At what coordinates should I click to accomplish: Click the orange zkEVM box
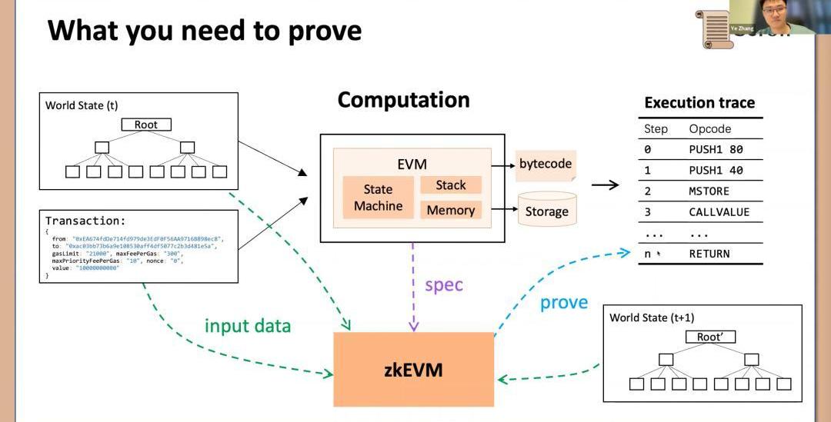click(x=413, y=370)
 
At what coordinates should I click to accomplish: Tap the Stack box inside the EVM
click(x=451, y=185)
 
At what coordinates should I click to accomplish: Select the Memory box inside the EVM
click(x=451, y=210)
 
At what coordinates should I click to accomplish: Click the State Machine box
click(x=378, y=198)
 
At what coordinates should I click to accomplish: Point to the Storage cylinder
click(x=546, y=210)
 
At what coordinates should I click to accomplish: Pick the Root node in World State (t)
click(x=145, y=125)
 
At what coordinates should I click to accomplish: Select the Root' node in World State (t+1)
click(x=710, y=337)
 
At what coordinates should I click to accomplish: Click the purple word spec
click(x=444, y=285)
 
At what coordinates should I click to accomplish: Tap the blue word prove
click(x=563, y=303)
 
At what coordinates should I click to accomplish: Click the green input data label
click(x=248, y=326)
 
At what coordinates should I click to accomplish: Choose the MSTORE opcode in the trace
click(x=709, y=191)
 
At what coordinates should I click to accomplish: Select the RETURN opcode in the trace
click(x=709, y=254)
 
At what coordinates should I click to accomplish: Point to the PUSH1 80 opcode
click(x=716, y=150)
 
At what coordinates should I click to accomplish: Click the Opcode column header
click(x=709, y=129)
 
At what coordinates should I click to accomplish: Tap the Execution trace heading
click(x=699, y=103)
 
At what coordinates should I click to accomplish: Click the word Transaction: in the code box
click(x=85, y=221)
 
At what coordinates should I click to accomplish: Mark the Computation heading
click(x=403, y=100)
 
